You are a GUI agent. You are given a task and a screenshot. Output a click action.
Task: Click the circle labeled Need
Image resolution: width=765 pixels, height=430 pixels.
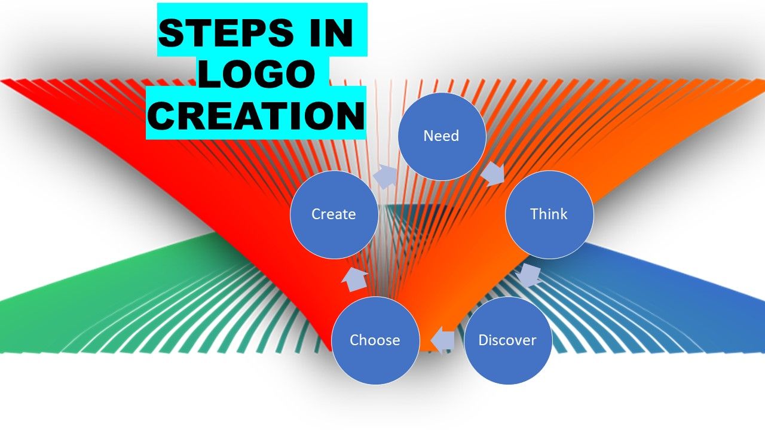(442, 137)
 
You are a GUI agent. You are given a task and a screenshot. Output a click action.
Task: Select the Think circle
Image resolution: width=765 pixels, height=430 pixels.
(549, 214)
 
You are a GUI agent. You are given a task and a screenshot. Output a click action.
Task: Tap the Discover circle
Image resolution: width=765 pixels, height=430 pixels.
(508, 340)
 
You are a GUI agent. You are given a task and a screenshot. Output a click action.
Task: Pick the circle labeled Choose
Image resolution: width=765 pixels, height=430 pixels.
(375, 340)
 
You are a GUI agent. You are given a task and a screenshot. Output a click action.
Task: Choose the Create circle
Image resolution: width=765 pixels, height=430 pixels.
(334, 214)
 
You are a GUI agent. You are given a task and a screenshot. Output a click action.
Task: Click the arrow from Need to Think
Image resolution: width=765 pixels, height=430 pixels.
(493, 174)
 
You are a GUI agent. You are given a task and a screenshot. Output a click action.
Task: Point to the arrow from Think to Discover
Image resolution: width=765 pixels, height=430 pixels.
(528, 275)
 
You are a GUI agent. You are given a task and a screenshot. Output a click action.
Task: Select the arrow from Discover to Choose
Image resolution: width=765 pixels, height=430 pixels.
(443, 340)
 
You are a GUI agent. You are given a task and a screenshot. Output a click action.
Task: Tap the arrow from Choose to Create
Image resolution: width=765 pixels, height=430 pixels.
(355, 279)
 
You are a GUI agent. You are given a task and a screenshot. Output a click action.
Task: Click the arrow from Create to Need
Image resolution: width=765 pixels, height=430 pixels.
(385, 177)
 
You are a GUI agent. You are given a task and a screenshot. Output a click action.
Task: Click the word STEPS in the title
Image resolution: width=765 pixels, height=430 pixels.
(226, 33)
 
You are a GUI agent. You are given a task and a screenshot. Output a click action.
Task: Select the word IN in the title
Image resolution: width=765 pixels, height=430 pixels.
(331, 33)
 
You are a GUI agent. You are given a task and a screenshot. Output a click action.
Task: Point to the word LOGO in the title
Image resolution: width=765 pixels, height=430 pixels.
(256, 73)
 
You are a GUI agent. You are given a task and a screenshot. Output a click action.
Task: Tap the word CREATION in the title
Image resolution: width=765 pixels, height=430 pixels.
(256, 115)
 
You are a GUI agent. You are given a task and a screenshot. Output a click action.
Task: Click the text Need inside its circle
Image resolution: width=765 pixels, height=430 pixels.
(441, 136)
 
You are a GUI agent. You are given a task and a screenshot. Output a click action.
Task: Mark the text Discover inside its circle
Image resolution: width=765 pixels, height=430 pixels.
(507, 340)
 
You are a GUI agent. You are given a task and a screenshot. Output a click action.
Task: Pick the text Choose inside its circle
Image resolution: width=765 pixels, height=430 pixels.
(375, 340)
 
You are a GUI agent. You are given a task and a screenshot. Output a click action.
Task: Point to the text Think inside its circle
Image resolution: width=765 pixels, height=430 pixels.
(549, 214)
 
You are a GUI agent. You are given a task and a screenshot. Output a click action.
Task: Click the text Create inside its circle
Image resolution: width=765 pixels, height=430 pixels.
(333, 214)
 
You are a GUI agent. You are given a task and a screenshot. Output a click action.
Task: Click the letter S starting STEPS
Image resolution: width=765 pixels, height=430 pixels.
(172, 33)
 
